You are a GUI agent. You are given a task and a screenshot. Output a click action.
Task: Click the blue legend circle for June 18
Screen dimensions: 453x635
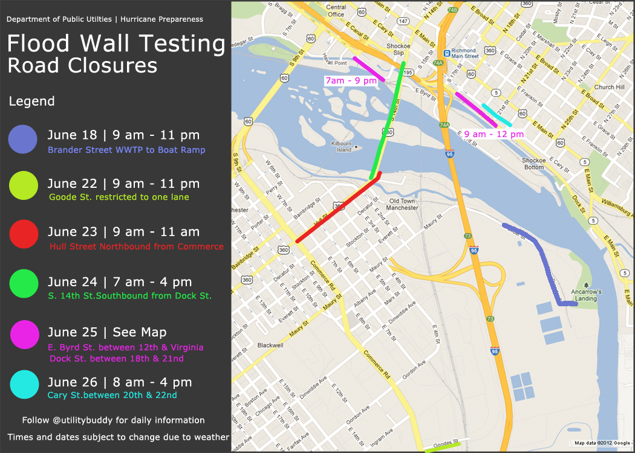24,139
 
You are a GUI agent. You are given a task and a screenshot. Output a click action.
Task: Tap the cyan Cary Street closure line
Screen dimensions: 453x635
497,115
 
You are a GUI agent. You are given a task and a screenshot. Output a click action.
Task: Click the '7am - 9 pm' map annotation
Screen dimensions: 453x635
351,80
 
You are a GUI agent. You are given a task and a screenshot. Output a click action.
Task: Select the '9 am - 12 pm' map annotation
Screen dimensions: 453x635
493,133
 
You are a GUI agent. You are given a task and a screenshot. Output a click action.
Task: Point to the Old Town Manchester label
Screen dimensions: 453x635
402,204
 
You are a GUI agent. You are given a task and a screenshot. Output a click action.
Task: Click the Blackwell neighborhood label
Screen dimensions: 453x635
270,345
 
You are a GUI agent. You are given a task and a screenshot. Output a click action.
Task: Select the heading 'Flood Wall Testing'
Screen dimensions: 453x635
116,43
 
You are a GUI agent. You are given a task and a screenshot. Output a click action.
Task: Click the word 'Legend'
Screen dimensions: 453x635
31,101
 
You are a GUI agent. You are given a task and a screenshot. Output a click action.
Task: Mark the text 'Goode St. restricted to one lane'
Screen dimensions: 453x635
119,197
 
